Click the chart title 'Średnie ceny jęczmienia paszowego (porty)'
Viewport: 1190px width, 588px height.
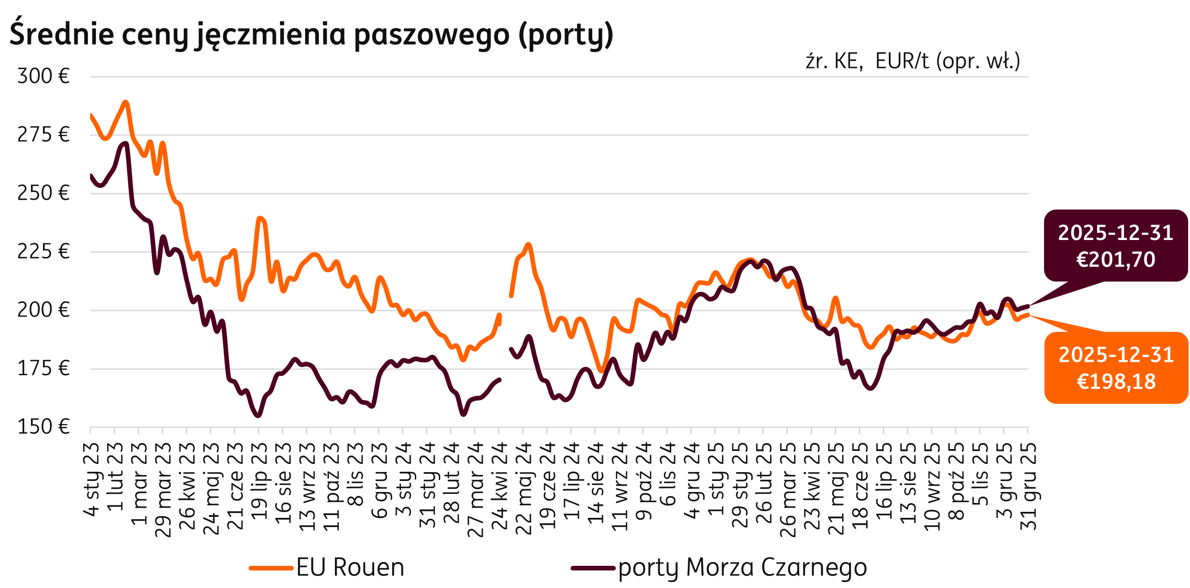coord(311,35)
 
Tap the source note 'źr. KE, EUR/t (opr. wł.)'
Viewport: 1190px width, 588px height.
coord(913,61)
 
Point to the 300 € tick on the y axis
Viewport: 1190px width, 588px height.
coord(43,76)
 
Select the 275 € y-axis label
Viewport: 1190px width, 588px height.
coord(43,135)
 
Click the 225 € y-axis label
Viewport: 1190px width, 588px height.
coord(43,252)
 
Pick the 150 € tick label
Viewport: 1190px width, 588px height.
coord(43,427)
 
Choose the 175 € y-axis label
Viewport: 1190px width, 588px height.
coord(43,369)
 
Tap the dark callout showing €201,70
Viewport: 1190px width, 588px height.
coord(1115,246)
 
